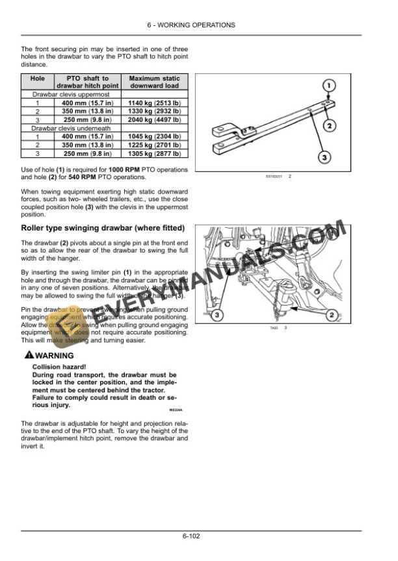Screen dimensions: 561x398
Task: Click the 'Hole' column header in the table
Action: click(37, 79)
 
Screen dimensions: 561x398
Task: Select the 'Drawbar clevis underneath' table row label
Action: click(62, 129)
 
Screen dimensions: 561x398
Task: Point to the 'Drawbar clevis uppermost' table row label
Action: click(62, 94)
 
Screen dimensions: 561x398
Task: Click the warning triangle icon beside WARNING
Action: click(27, 356)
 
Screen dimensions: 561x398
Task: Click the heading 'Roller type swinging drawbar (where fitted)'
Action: click(103, 228)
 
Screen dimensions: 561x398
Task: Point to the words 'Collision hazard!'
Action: click(56, 366)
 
